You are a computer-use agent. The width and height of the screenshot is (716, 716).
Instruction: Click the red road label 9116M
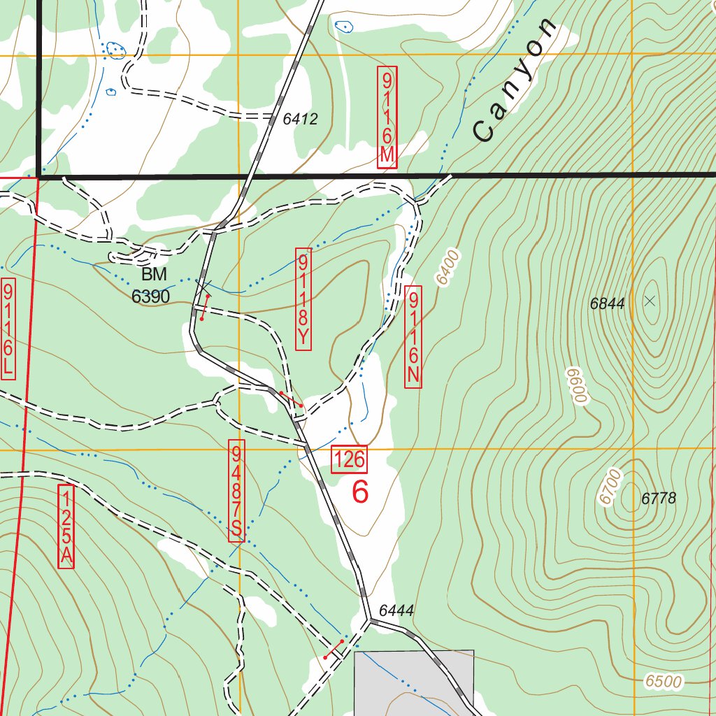387,117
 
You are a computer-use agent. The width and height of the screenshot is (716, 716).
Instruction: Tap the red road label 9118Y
303,299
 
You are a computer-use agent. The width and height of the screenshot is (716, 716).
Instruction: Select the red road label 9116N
413,336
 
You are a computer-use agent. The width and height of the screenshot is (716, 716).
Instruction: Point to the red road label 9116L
8,329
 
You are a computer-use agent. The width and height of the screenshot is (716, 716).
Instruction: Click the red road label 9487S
236,490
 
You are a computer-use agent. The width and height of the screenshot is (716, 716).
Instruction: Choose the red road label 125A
66,527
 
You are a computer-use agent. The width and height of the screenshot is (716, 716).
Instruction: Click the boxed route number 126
349,459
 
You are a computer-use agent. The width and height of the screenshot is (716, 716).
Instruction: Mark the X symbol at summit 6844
650,301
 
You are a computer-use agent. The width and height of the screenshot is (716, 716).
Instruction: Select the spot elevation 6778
659,499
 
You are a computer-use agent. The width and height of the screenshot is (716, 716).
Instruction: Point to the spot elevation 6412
301,120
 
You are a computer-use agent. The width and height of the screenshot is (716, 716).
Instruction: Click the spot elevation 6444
396,610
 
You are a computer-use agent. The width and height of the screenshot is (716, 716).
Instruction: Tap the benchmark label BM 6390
150,285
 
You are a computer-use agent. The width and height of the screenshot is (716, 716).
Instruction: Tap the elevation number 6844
607,303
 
